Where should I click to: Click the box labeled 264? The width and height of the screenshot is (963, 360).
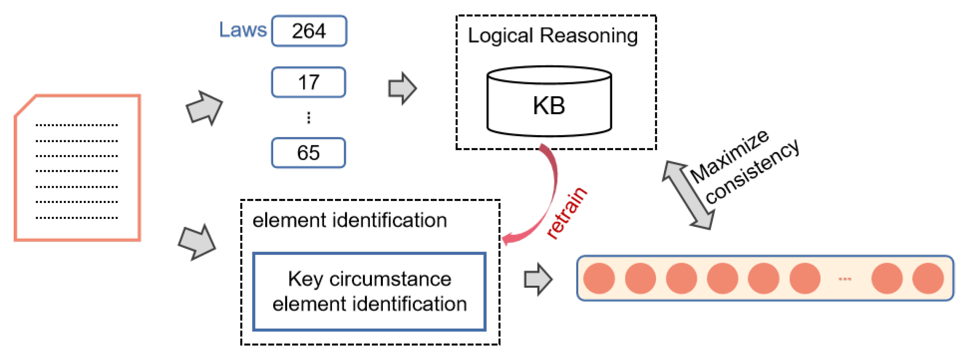(x=309, y=31)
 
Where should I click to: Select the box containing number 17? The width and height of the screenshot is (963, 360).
(x=308, y=82)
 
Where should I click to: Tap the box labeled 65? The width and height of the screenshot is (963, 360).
(x=308, y=153)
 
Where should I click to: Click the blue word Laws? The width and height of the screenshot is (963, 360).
(x=243, y=30)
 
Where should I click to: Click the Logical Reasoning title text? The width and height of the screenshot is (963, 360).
(x=552, y=36)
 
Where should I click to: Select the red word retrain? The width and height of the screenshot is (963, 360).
(x=566, y=213)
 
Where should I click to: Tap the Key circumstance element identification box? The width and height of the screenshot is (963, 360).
(x=369, y=292)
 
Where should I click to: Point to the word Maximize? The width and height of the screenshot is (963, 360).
(x=729, y=156)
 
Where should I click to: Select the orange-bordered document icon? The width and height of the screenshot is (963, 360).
(x=78, y=168)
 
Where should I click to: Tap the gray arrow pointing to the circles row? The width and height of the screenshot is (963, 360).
(x=538, y=280)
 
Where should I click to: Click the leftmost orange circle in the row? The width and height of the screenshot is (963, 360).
(x=599, y=279)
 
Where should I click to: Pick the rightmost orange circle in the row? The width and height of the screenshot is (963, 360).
(x=928, y=279)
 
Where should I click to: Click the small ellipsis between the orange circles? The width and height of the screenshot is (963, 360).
(x=845, y=279)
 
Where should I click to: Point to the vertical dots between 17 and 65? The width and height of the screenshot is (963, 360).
(x=308, y=118)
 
